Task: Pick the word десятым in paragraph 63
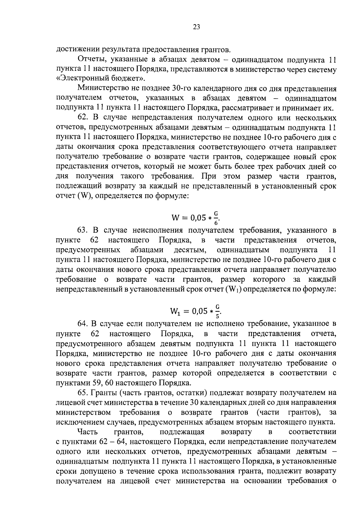[x=190, y=250]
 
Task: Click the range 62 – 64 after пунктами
[x=111, y=442]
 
